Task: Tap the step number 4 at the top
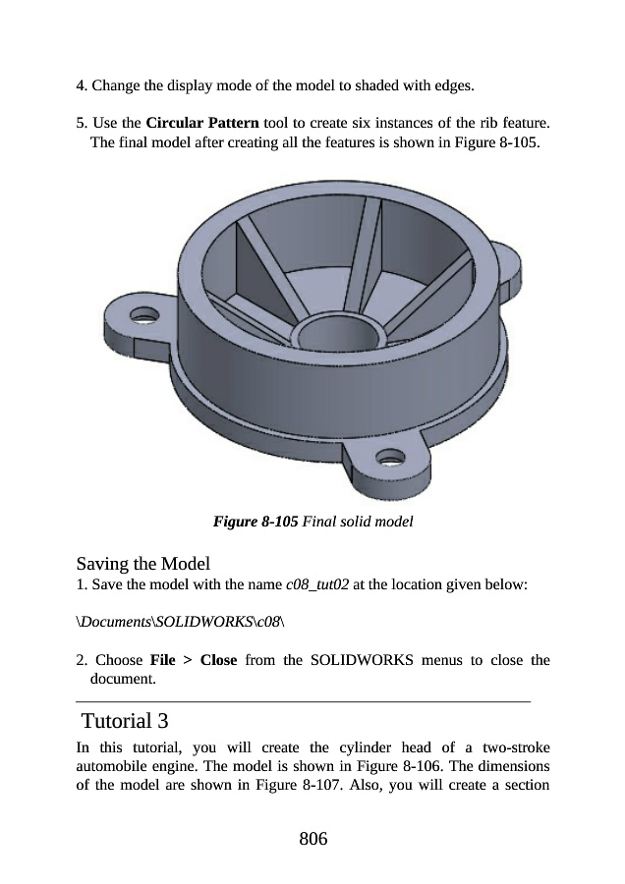point(81,85)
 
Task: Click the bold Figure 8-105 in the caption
point(256,521)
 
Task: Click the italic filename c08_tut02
point(317,585)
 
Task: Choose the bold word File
point(161,660)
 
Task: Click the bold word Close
point(218,660)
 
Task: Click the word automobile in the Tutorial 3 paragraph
point(111,766)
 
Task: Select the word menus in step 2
point(454,660)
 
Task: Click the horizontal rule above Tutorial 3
point(303,701)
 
